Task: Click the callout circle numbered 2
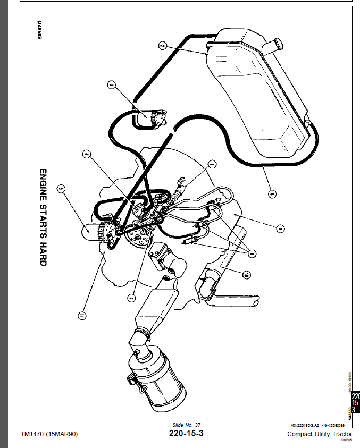point(163,46)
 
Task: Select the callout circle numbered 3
point(111,84)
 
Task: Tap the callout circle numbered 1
point(212,164)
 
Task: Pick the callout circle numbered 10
point(246,275)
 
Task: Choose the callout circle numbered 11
point(81,316)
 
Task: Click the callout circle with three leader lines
point(252,253)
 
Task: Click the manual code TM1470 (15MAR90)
point(49,434)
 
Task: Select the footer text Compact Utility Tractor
point(319,434)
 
